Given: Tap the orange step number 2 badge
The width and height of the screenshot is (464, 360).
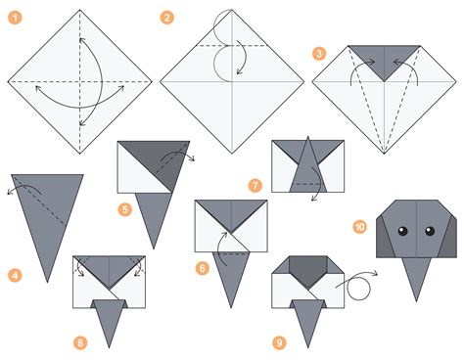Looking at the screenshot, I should (167, 18).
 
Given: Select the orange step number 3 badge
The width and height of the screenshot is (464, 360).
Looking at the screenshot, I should (319, 54).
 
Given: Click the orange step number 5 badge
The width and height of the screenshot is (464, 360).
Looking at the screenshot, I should (125, 208).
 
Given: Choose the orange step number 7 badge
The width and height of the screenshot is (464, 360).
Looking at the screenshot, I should (255, 184).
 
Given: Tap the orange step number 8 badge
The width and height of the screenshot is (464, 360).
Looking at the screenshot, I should (80, 341).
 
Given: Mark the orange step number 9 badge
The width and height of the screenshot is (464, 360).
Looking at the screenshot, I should (279, 341).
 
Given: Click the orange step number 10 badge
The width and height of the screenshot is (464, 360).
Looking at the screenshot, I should (360, 226).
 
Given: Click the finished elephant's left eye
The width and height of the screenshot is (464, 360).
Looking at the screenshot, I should (401, 232).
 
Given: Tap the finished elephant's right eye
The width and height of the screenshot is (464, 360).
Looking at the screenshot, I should (427, 232).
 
